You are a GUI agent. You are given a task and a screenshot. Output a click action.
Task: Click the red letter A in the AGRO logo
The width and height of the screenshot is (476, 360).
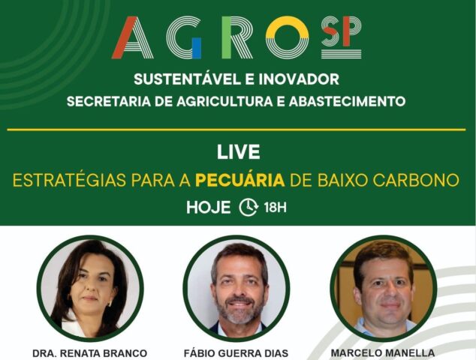coord(132,37)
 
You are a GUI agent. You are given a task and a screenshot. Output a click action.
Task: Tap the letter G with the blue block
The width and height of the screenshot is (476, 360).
coord(184,37)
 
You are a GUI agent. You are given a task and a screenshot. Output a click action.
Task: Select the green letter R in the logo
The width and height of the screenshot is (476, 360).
coord(236,37)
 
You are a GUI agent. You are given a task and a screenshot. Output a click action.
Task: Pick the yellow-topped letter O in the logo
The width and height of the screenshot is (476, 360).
coord(288,37)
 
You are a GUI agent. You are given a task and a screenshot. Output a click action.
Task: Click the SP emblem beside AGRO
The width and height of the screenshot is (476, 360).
coord(341,37)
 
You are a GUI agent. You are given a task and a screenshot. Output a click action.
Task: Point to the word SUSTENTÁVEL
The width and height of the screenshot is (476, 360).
coord(185,79)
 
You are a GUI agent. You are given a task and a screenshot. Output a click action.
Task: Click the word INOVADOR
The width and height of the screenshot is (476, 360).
coord(299,79)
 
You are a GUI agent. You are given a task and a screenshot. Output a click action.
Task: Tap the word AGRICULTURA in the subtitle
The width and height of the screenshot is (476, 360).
coord(224,101)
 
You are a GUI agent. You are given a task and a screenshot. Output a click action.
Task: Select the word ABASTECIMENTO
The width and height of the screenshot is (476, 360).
coord(347,101)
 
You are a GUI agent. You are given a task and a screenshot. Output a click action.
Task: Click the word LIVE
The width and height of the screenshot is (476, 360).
coord(238,152)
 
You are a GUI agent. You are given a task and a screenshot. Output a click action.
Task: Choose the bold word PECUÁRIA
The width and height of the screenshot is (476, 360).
coord(240,180)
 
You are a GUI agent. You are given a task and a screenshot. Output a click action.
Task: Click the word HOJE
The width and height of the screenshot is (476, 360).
coord(209,208)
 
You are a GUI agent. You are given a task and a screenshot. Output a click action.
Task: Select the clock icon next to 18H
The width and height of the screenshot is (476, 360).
coord(249,208)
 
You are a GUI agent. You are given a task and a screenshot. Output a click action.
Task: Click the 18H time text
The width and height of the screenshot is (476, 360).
coord(275,208)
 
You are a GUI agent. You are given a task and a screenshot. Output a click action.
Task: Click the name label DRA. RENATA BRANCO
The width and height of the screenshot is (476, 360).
coord(90,353)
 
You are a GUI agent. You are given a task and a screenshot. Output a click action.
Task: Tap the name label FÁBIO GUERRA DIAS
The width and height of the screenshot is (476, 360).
coord(236,353)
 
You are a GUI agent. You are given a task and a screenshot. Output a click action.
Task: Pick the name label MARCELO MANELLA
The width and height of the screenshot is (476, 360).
coord(382,353)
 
